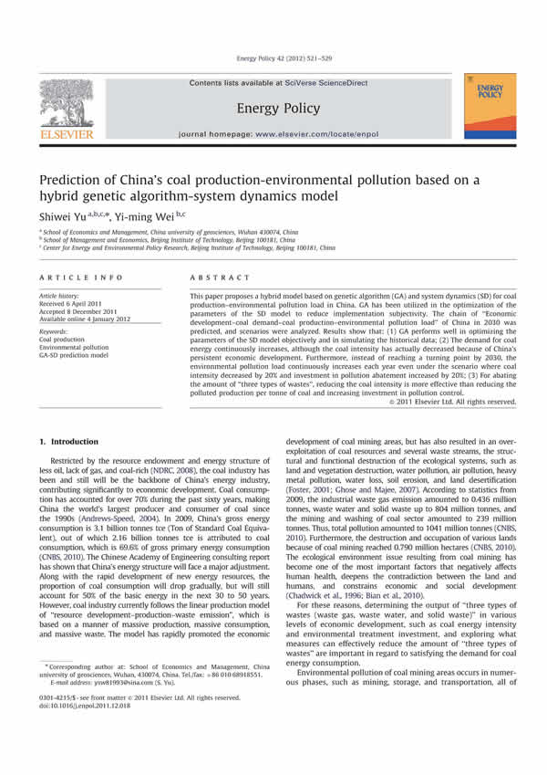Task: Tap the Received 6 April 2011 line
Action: point(73,303)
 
